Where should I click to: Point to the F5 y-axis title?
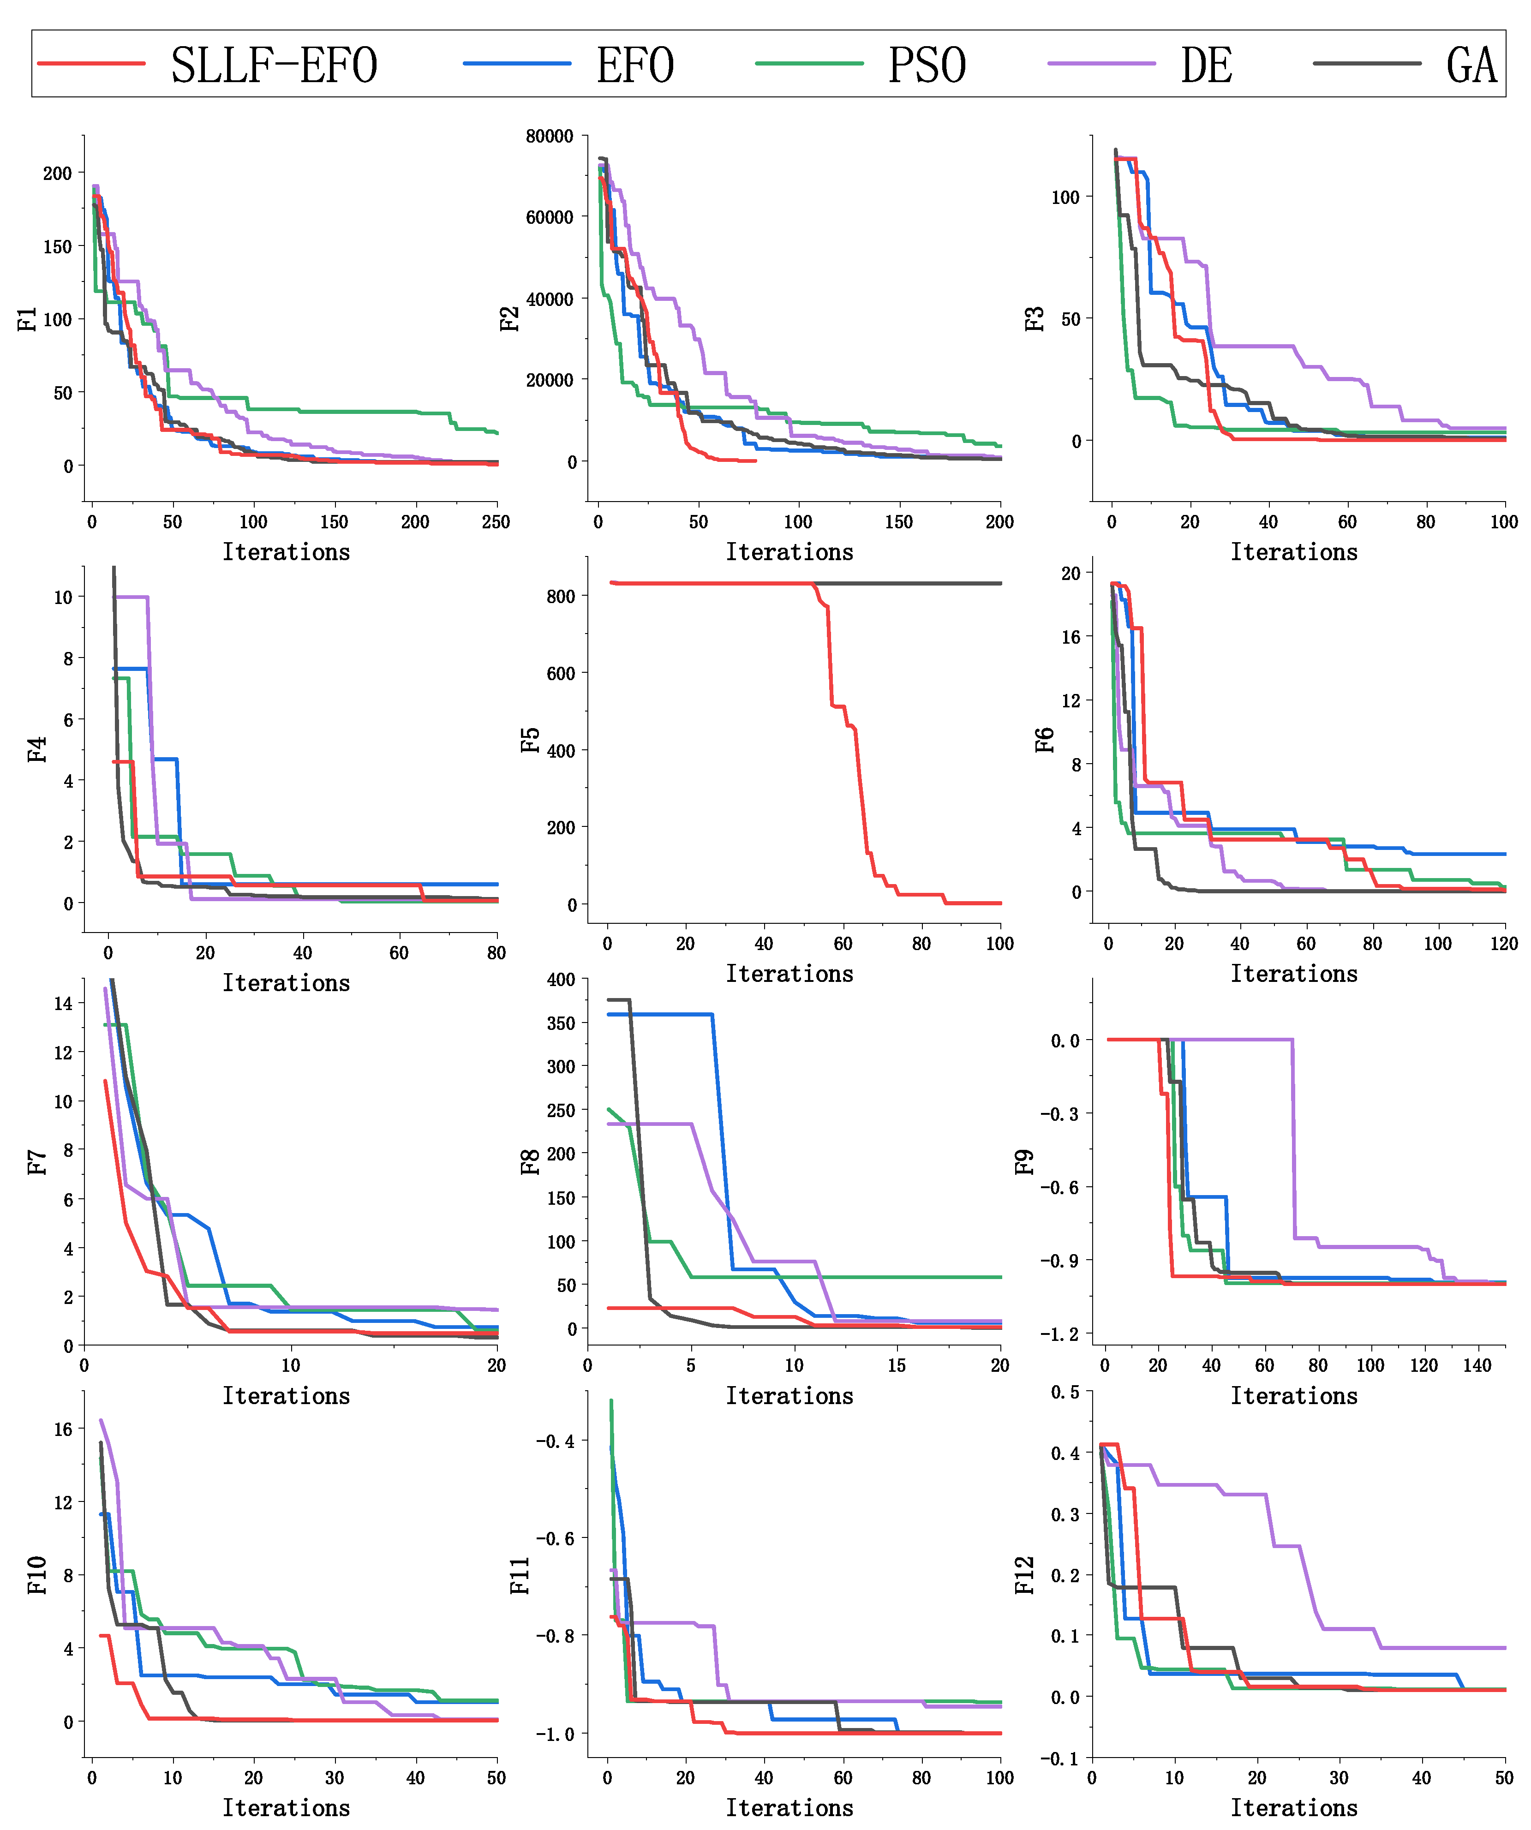530,740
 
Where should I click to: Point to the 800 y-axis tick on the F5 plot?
560,597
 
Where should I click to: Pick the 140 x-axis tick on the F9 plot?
1477,1365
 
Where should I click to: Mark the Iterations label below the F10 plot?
286,1807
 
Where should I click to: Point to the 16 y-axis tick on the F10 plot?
63,1429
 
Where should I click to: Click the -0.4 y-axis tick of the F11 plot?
555,1441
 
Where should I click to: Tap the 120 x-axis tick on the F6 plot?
1504,944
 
